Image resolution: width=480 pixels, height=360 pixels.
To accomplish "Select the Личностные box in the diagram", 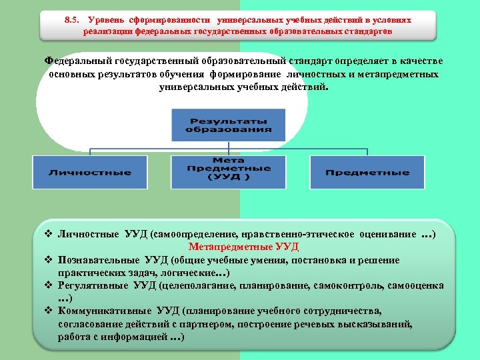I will (x=90, y=173).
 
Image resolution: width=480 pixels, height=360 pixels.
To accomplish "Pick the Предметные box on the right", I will (x=367, y=173).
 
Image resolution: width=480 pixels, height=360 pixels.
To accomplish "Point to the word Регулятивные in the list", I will (x=91, y=285).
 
